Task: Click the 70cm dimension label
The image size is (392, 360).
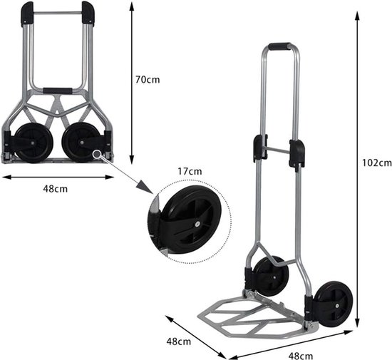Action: point(148,80)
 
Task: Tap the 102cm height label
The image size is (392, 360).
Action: point(377,163)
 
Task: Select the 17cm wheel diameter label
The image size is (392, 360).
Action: point(190,172)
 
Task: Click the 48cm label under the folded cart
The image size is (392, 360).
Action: point(56,188)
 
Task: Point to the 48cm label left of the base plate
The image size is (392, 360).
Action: point(179,341)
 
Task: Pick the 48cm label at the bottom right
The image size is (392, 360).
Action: point(301,356)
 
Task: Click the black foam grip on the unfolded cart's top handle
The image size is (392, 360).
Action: point(279,46)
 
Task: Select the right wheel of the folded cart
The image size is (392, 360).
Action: point(80,143)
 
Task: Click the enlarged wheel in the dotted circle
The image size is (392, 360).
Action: point(190,220)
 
